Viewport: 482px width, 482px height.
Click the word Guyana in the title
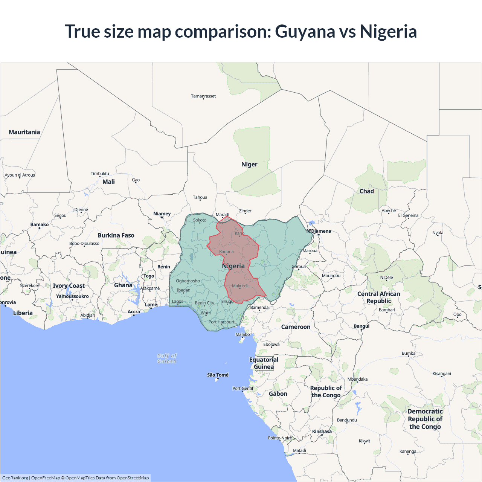(305, 32)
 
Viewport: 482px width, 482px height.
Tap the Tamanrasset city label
(203, 96)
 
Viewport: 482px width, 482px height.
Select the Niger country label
(249, 165)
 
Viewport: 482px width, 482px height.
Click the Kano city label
(239, 233)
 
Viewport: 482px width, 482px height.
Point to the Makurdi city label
(240, 286)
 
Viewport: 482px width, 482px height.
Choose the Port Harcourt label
(221, 322)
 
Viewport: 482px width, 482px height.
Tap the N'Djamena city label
(319, 231)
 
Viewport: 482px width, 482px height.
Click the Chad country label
(366, 191)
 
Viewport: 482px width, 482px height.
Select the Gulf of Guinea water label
(167, 358)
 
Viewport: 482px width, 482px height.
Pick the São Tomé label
(218, 375)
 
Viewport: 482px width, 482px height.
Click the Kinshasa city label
(322, 432)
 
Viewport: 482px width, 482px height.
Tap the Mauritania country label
(24, 132)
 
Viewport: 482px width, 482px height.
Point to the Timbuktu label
(100, 174)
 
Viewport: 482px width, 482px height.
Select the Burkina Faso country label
(116, 235)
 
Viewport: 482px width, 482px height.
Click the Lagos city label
(177, 302)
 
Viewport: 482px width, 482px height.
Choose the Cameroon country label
(296, 327)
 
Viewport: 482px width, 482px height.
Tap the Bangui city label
(361, 326)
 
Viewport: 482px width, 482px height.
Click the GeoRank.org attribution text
(15, 478)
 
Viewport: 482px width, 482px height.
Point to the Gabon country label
(278, 394)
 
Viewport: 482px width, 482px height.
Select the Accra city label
(134, 312)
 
